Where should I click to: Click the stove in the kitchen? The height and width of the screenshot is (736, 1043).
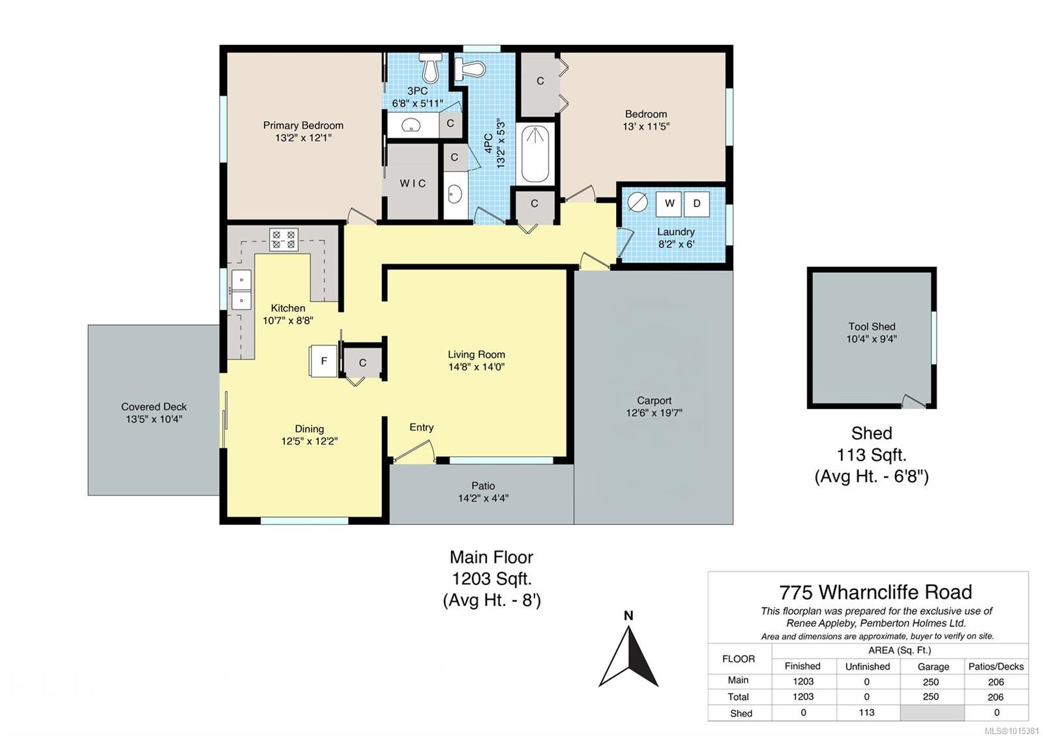click(x=284, y=239)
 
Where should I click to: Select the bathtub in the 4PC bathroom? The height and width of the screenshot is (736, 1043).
click(x=535, y=154)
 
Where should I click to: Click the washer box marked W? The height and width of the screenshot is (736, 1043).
click(x=669, y=203)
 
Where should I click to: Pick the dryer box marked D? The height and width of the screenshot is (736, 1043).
click(x=697, y=203)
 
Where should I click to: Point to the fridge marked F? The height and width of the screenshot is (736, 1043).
click(x=323, y=361)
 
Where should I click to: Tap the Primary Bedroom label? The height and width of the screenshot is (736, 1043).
click(x=303, y=125)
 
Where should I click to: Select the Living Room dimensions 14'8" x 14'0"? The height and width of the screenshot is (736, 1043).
click(x=477, y=367)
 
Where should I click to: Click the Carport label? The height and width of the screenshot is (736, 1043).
click(x=654, y=401)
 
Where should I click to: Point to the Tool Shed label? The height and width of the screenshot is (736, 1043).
click(x=872, y=326)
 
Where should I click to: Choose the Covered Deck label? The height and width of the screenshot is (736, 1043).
click(x=154, y=406)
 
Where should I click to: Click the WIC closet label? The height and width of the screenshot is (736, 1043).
click(x=413, y=183)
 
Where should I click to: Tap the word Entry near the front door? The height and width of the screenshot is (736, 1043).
click(x=421, y=427)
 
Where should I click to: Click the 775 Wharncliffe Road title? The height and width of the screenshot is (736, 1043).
click(x=875, y=592)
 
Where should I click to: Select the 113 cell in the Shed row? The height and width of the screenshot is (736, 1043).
click(x=866, y=713)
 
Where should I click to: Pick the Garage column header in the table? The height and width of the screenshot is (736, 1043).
click(x=933, y=667)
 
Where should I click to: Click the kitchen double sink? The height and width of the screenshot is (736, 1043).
click(x=242, y=289)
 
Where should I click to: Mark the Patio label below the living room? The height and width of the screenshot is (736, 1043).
click(x=483, y=486)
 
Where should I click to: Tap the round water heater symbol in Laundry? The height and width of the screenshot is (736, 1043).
click(x=638, y=203)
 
